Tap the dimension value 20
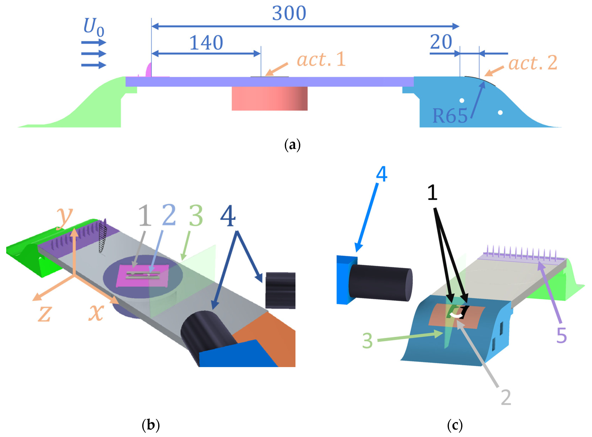point(441,42)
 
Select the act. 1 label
point(321,59)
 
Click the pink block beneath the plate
point(269,98)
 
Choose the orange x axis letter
point(96,312)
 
